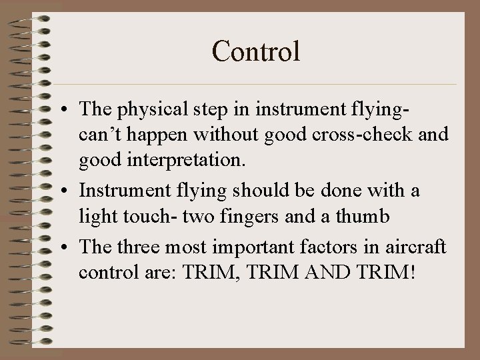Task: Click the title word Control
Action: (256, 51)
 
